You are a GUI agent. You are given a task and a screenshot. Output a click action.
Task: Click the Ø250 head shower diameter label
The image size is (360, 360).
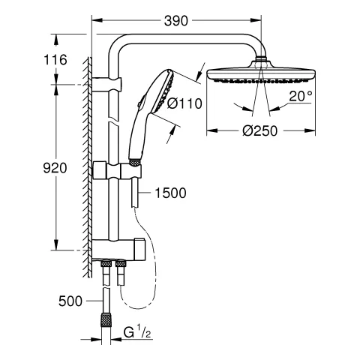tap(259, 130)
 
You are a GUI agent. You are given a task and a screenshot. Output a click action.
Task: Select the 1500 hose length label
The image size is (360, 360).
tap(169, 193)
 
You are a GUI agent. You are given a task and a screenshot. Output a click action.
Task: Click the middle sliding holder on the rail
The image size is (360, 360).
tap(117, 172)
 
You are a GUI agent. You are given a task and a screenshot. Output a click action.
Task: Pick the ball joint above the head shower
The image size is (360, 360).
tap(262, 61)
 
